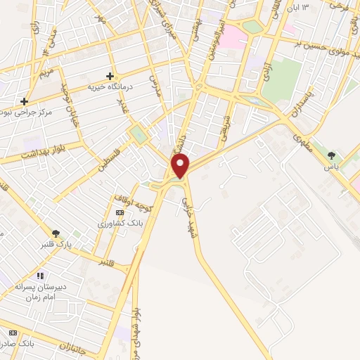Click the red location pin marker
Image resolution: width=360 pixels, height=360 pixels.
[181, 165]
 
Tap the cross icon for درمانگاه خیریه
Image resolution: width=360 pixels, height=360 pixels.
[110, 76]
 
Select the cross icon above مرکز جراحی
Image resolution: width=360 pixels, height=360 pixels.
[25, 101]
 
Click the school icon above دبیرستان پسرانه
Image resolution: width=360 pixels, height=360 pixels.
[40, 276]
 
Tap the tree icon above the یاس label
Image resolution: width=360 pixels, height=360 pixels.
[331, 155]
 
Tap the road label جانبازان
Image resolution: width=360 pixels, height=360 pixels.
[83, 346]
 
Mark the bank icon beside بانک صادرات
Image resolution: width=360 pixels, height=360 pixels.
[13, 332]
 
